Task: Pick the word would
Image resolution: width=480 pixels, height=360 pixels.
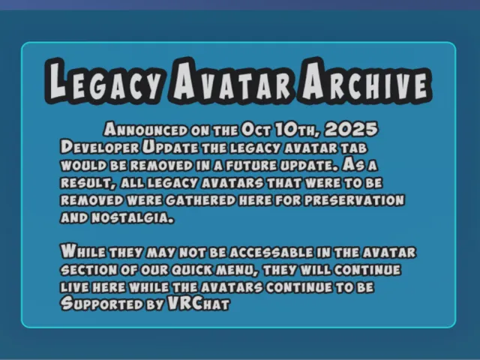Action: (x=79, y=163)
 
